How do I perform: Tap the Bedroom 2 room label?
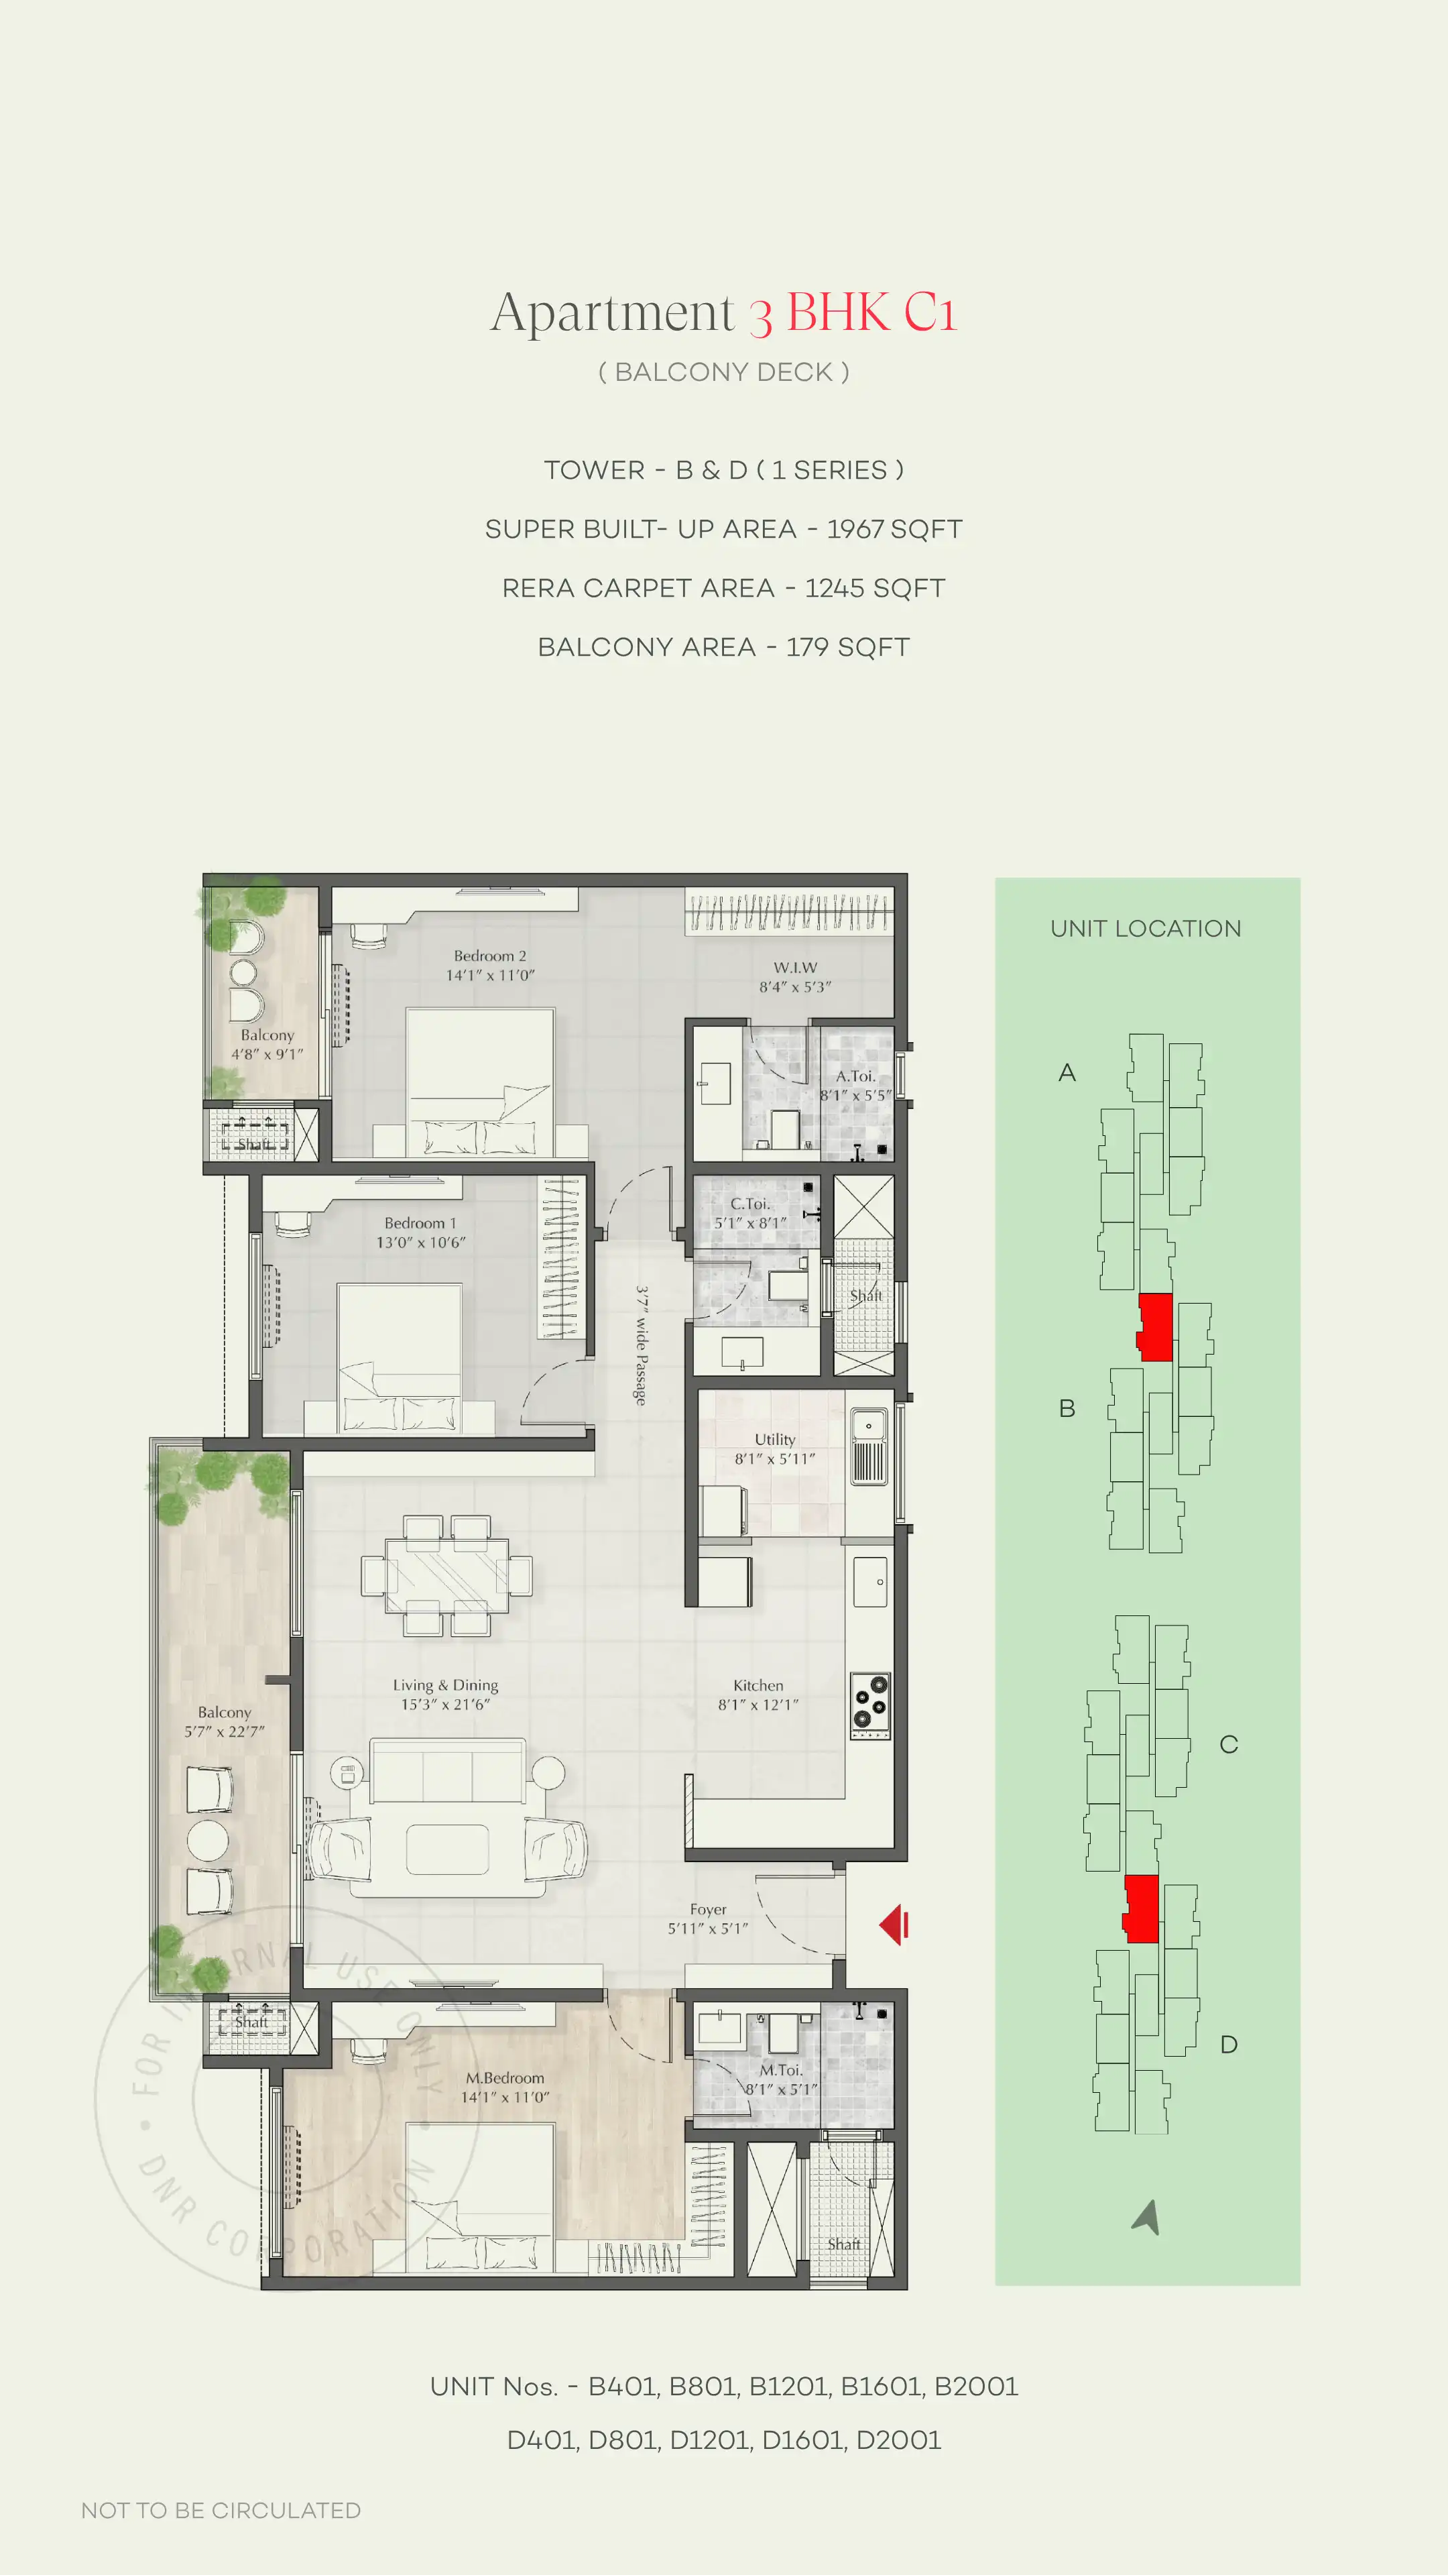[489, 956]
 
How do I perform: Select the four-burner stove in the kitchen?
[869, 1705]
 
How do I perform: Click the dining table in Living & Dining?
[446, 1575]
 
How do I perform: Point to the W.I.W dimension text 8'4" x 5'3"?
[794, 986]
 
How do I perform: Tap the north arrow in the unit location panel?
[1147, 2216]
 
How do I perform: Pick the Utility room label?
[774, 1440]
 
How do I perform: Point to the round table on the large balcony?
[208, 1839]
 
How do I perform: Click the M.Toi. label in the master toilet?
[780, 2070]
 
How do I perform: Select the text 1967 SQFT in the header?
[894, 529]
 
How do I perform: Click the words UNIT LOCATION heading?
[1145, 929]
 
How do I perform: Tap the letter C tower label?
[1228, 1744]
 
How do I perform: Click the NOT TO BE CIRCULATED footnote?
[221, 2510]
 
